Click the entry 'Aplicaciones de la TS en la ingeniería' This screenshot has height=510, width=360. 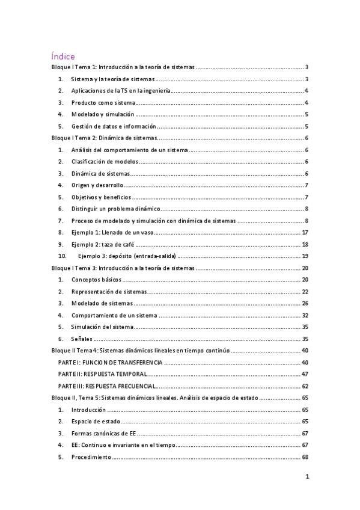[x=121, y=91]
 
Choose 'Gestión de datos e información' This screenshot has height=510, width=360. [x=114, y=126]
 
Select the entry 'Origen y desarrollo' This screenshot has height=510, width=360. [x=97, y=185]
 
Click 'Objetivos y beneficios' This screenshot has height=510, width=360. [x=101, y=197]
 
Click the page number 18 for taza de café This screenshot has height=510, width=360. [x=305, y=244]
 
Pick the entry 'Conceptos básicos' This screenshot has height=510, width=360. [x=96, y=280]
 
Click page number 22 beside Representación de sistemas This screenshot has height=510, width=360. [x=305, y=291]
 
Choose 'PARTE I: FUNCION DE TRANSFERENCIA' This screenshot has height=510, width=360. [x=110, y=363]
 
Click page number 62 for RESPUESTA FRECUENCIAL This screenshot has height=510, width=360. [x=305, y=386]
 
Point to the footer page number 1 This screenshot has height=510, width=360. [x=307, y=478]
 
